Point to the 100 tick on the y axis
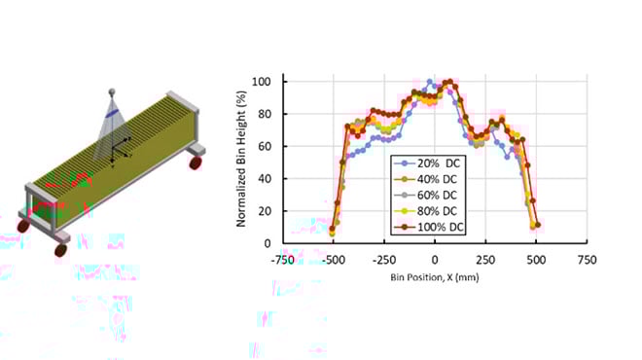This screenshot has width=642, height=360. point(264,81)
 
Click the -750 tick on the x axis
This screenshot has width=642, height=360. point(282,259)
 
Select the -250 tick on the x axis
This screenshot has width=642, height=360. point(384,259)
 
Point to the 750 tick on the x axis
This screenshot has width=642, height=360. point(587,259)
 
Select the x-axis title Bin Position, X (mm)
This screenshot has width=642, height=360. point(434,276)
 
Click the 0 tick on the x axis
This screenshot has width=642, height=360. point(435,259)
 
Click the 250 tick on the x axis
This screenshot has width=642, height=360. point(485,259)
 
